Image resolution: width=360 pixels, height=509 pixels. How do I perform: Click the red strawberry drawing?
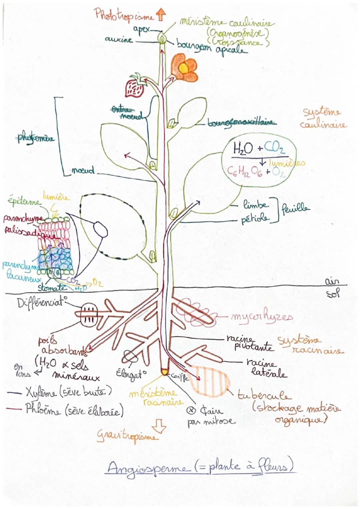(x=135, y=87)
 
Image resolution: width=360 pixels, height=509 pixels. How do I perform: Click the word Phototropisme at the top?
(x=124, y=15)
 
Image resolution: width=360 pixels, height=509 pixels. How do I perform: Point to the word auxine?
(x=119, y=39)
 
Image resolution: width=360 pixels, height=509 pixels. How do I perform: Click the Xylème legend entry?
(x=68, y=392)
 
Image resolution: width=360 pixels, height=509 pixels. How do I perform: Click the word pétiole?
(x=255, y=219)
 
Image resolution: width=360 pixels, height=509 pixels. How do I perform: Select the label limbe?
(x=255, y=205)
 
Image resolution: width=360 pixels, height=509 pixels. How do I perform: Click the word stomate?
(x=52, y=287)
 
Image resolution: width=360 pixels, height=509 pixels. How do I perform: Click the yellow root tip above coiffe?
(x=165, y=371)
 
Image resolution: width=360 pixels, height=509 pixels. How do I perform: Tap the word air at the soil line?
(x=332, y=282)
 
